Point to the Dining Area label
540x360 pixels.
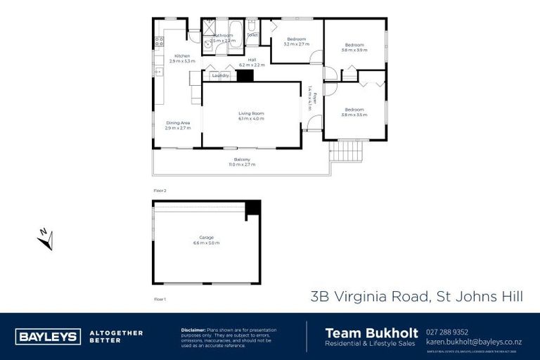pos(178,122)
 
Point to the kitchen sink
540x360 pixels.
pos(158,71)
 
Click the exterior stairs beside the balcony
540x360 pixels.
pos(347,150)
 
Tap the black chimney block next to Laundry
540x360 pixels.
pos(245,76)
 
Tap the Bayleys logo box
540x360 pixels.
pos(47,336)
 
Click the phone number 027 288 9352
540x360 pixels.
pos(447,332)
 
